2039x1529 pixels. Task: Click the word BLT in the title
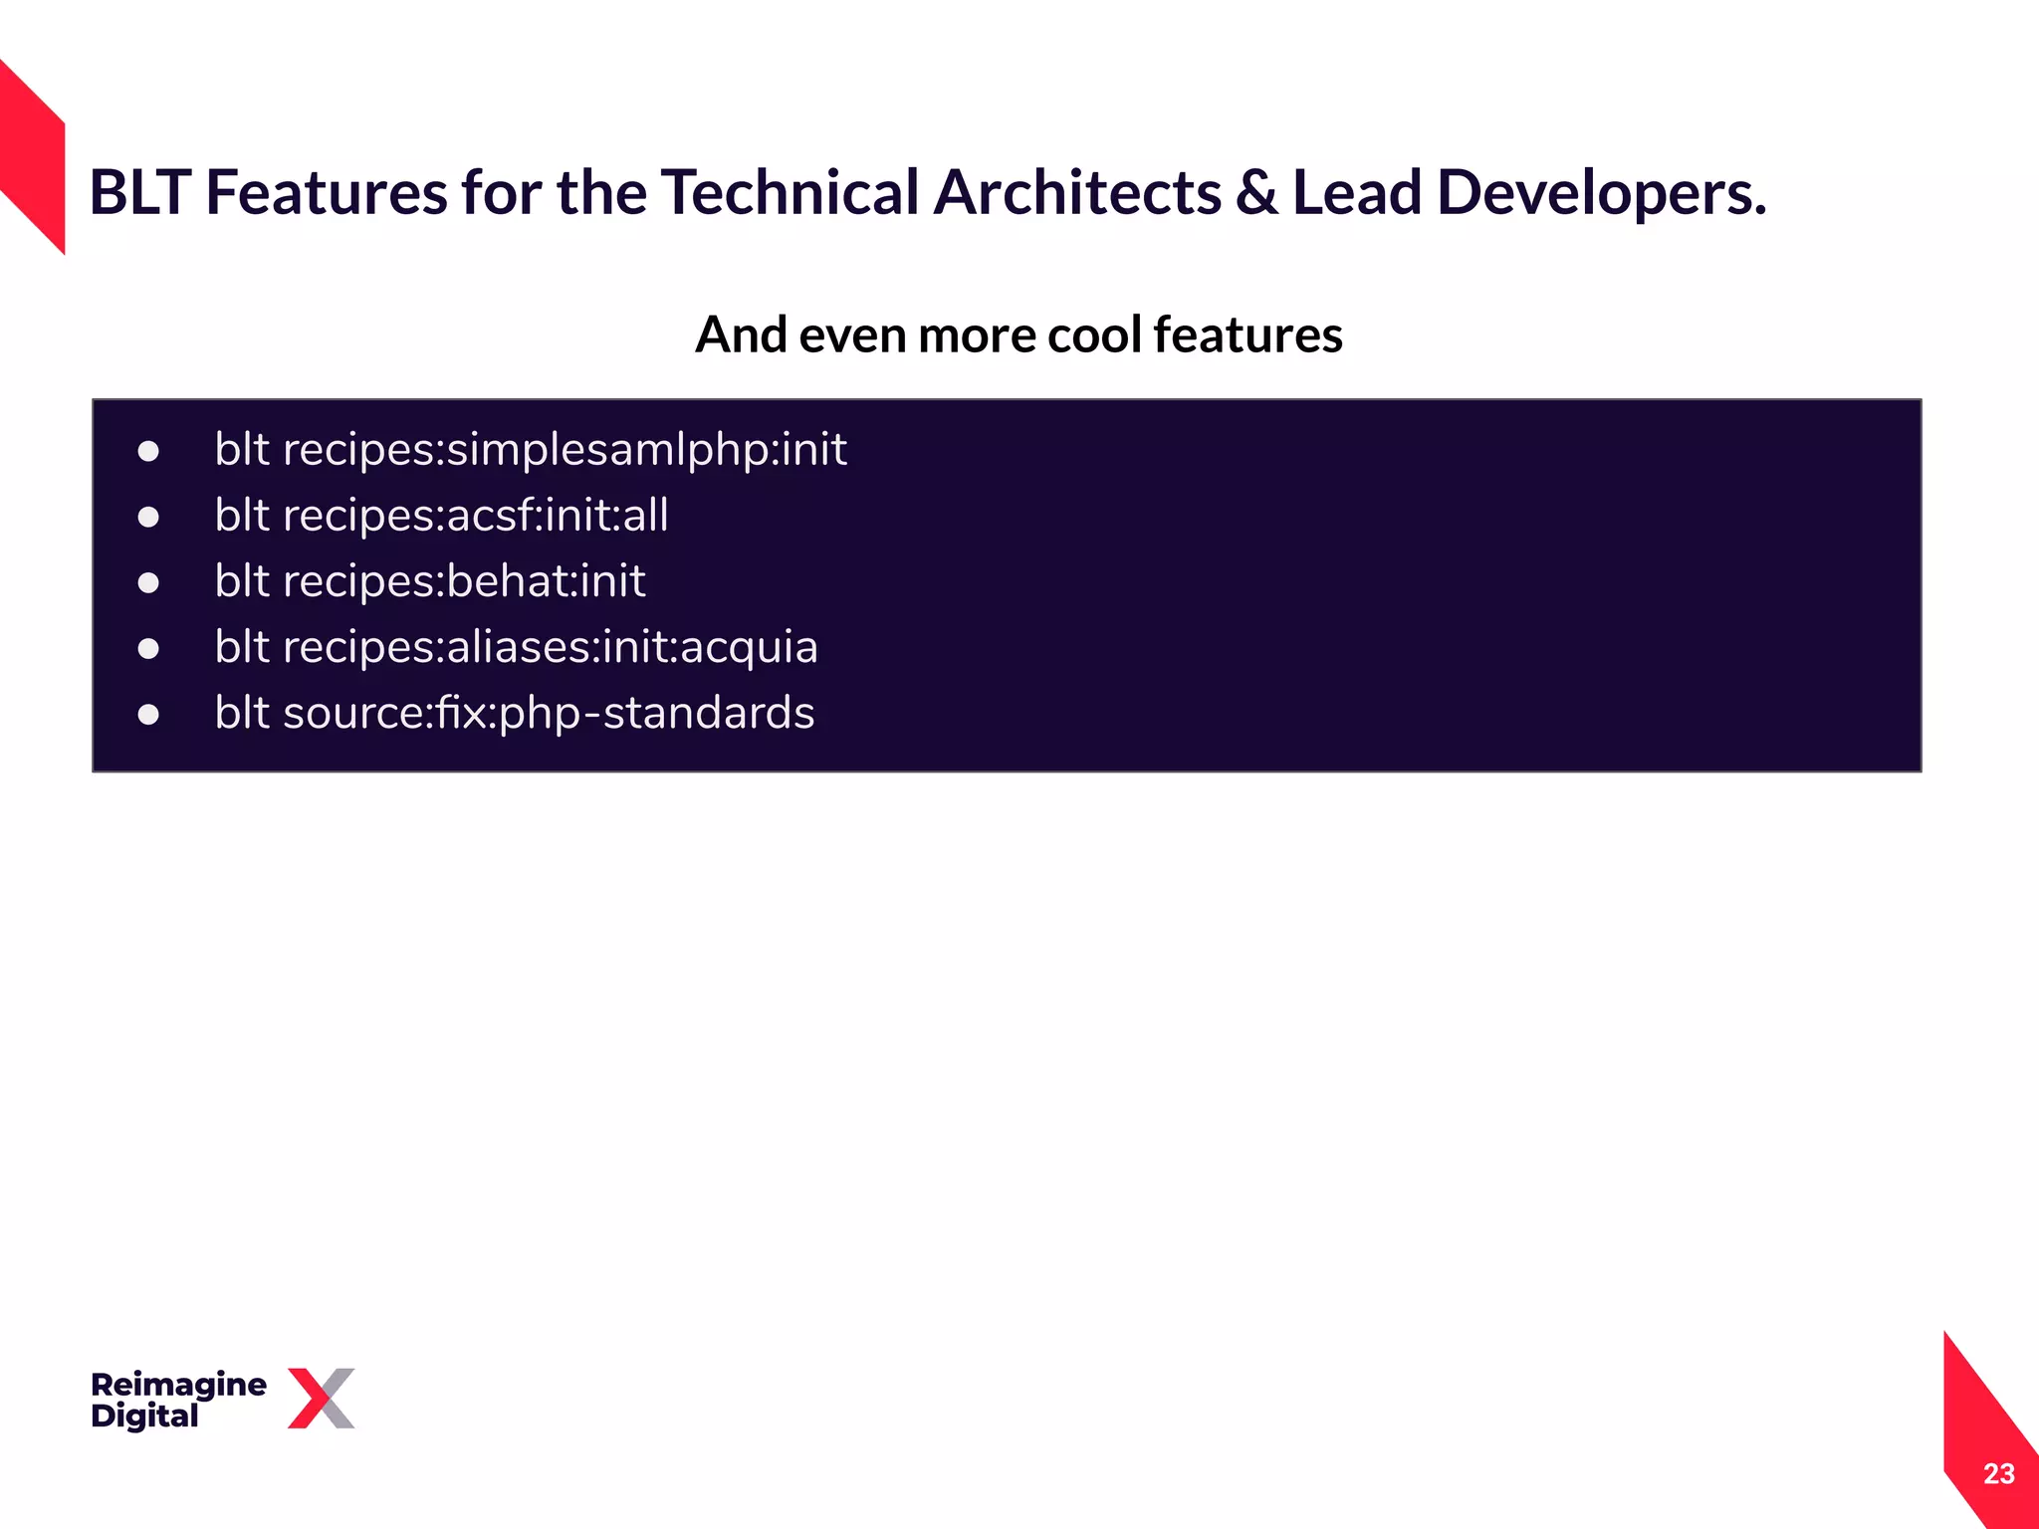(x=139, y=192)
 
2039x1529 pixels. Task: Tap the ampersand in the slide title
(x=1256, y=192)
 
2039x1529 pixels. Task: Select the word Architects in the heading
(x=1076, y=192)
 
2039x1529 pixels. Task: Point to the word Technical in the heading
(x=790, y=192)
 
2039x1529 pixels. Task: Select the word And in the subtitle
(x=741, y=334)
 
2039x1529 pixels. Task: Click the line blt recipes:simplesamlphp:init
(x=530, y=450)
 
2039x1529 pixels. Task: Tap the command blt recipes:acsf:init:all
(x=441, y=516)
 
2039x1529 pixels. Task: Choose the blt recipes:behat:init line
(x=430, y=581)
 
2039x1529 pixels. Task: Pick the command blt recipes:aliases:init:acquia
(x=516, y=647)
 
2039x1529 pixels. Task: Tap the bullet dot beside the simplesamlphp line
(x=148, y=452)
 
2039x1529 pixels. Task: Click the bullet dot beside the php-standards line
(x=148, y=715)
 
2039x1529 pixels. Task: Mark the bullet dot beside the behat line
(x=148, y=583)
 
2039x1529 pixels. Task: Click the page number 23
(x=1998, y=1473)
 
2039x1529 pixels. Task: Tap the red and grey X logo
(x=321, y=1398)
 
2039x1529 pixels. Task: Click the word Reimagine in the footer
(x=178, y=1384)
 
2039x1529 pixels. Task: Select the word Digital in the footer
(x=144, y=1416)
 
